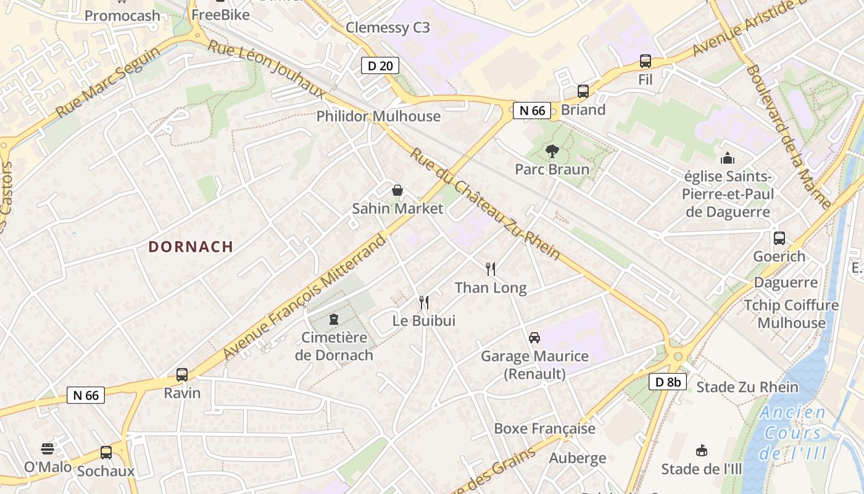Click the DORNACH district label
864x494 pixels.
coord(191,247)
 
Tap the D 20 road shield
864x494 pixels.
coord(380,65)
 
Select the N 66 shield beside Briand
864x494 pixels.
coord(531,111)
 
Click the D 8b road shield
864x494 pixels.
coord(668,382)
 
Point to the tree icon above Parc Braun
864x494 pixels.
coord(552,151)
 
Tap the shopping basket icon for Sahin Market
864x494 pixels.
coord(397,190)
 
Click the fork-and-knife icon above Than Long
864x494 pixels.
coord(491,269)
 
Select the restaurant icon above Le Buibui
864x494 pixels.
coord(424,302)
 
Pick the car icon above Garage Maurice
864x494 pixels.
coord(534,338)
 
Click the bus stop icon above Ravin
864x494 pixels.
coord(182,374)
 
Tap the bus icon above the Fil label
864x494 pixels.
coord(646,61)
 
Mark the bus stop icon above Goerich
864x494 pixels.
coord(779,238)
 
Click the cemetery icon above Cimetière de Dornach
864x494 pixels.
coord(334,319)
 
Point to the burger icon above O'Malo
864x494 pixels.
coord(48,448)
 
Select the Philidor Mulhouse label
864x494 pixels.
coord(378,116)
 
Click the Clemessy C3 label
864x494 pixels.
coord(388,28)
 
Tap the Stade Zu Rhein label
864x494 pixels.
coord(747,388)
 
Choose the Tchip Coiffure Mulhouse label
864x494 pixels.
coord(791,314)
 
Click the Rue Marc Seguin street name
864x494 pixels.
coord(107,82)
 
